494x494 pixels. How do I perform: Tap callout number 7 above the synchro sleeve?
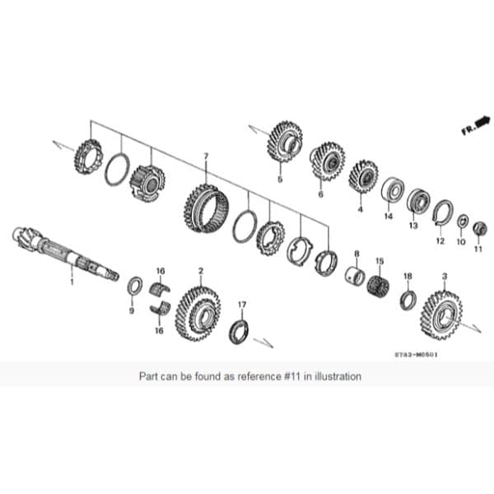[x=206, y=155]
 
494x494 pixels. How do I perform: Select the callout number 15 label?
[x=380, y=261]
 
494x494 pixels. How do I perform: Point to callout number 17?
[x=242, y=305]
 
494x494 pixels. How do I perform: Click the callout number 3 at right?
[x=445, y=277]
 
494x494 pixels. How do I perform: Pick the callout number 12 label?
[x=440, y=241]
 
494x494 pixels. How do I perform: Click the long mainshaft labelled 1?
[x=66, y=254]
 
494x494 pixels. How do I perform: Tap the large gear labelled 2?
[x=198, y=312]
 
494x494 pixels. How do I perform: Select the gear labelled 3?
[x=440, y=314]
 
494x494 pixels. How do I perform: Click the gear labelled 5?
[x=284, y=142]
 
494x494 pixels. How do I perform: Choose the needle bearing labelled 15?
[x=379, y=285]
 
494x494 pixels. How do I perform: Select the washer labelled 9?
[x=134, y=287]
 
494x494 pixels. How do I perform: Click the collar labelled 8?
[x=357, y=275]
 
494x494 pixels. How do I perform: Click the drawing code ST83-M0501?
[x=416, y=356]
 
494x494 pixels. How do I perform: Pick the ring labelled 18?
[x=408, y=298]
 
